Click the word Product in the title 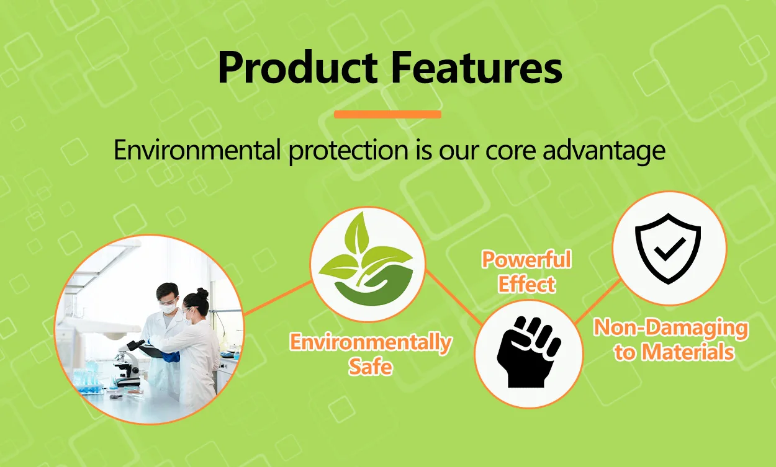(297, 67)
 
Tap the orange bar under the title (387, 114)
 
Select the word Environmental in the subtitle (197, 150)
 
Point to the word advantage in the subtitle (604, 151)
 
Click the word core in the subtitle (511, 153)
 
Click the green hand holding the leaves (374, 288)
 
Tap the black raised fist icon (529, 352)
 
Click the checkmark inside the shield (670, 249)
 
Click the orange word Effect (526, 284)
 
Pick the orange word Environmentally (371, 343)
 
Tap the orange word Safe (371, 367)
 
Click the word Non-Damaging (671, 329)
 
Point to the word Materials (687, 352)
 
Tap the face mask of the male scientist (169, 308)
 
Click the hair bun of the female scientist (202, 293)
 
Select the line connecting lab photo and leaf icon (278, 298)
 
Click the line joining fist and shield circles (597, 301)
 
